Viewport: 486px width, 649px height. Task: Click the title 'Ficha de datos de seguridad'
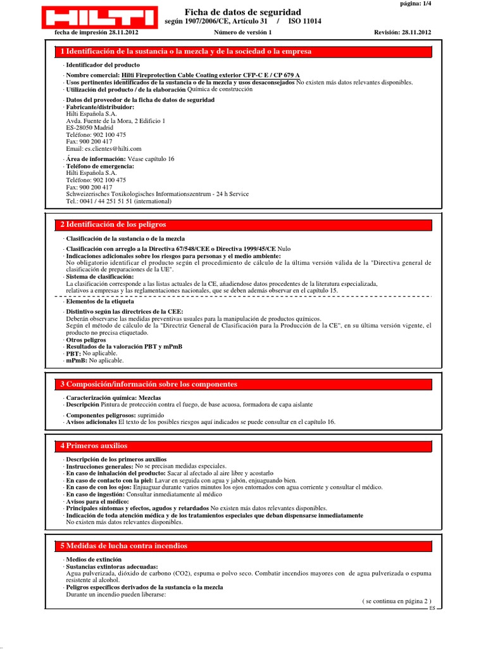click(242, 12)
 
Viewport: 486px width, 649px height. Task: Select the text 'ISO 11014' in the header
click(304, 21)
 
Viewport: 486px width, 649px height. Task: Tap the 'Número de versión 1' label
click(243, 32)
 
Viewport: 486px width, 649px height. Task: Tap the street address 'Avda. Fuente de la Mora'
click(98, 120)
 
